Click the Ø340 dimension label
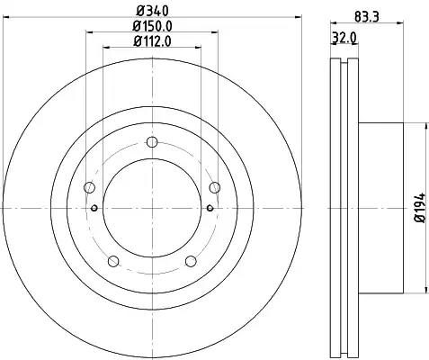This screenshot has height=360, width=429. tap(152, 11)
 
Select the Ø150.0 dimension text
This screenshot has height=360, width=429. tap(152, 26)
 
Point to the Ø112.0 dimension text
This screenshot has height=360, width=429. tap(152, 41)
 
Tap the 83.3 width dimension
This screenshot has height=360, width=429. tap(367, 16)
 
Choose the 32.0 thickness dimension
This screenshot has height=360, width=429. tap(344, 38)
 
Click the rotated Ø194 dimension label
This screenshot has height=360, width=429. tap(420, 208)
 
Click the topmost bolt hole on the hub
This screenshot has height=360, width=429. tap(152, 142)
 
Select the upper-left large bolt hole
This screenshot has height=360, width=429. tap(89, 187)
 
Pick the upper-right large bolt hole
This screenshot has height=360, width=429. tap(215, 187)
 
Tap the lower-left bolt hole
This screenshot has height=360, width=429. tap(113, 261)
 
